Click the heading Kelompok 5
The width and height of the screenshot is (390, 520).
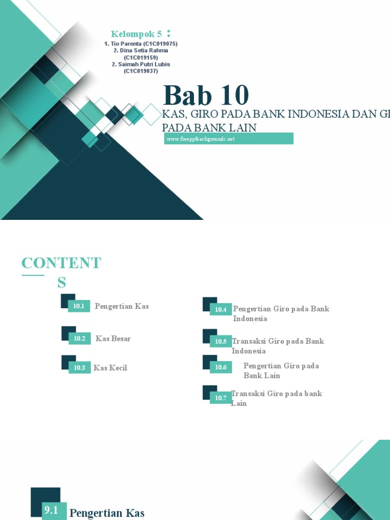pos(137,34)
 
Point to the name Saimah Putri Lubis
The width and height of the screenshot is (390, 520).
pos(144,64)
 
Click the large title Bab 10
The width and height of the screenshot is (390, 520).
pos(206,95)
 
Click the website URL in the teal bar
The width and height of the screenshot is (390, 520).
pos(200,139)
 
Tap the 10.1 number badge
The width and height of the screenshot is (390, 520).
pos(79,306)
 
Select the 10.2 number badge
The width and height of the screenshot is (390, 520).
pos(79,338)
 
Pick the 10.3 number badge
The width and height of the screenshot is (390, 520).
pos(79,368)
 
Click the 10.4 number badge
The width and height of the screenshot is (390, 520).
pos(220,309)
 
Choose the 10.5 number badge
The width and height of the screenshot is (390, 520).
pos(220,341)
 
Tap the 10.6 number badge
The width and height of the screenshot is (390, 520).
pos(220,367)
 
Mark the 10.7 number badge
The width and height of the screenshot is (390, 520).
pos(220,398)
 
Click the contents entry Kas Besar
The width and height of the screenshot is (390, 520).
pos(113,339)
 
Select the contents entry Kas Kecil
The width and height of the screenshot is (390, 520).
pos(110,368)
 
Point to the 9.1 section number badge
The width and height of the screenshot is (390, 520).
pos(51,510)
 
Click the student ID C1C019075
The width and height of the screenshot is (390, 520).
pos(160,44)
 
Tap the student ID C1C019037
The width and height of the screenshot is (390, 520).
pos(141,71)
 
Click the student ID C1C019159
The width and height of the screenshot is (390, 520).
pos(141,57)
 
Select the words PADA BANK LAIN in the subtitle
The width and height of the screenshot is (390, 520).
pos(209,127)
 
